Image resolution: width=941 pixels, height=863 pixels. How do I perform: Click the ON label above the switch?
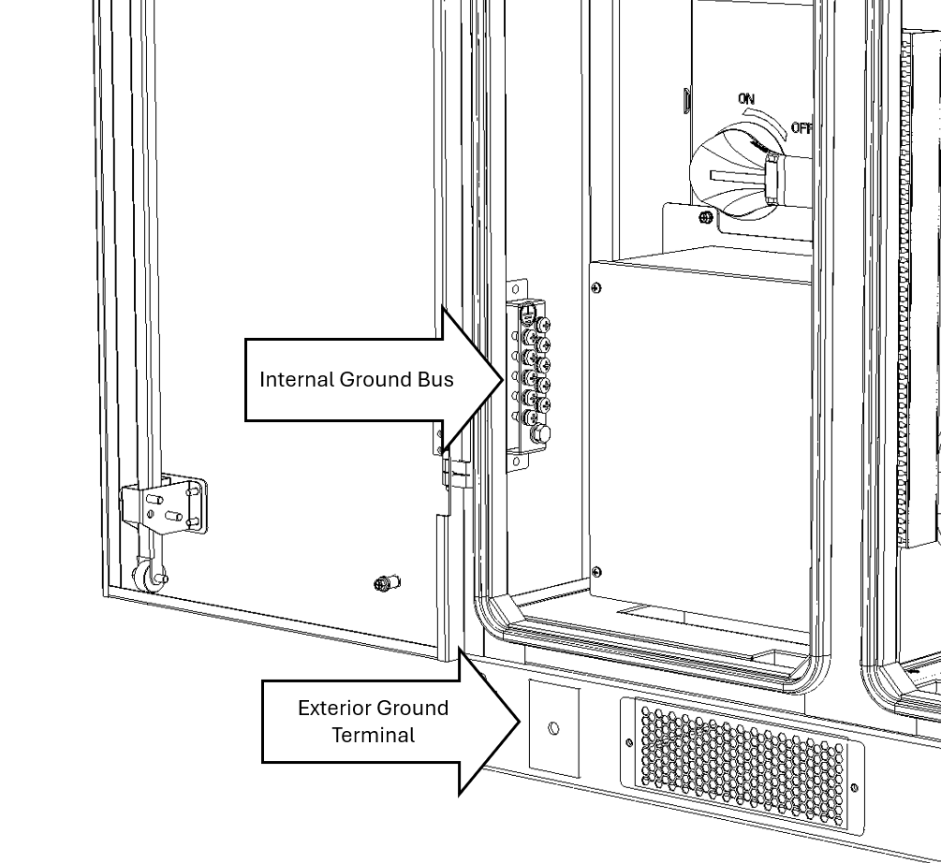[746, 99]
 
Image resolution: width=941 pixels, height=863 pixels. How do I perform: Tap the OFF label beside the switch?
[801, 128]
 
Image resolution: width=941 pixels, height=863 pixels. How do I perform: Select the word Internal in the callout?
[297, 379]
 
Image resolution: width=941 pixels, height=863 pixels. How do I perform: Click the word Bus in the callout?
[436, 379]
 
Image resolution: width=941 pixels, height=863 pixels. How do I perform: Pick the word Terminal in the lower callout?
[373, 735]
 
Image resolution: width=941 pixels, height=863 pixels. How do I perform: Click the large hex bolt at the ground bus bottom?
[540, 434]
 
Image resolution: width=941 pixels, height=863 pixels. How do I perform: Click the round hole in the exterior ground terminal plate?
[553, 727]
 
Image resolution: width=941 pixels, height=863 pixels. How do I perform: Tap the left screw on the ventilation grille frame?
[629, 744]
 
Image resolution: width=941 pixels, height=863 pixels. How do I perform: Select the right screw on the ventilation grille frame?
[853, 788]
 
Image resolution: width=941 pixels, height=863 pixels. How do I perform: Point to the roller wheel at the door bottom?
[147, 578]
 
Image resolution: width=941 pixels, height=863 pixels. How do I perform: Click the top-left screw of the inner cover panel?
[597, 288]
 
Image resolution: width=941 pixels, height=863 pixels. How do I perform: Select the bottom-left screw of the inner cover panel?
[597, 571]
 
